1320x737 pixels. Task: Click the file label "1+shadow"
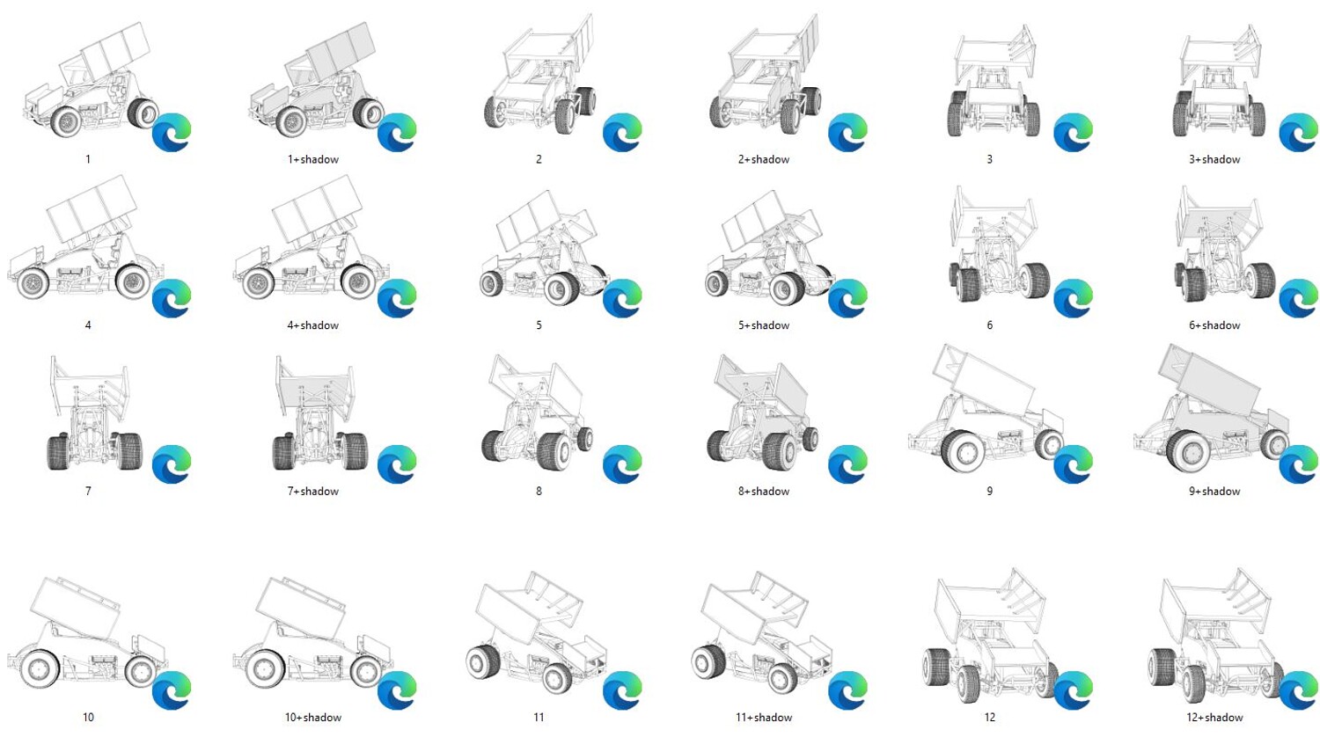313,159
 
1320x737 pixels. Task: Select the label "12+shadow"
1214,717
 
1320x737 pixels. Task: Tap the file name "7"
88,491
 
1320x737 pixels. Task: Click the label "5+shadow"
764,325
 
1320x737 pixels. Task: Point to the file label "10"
88,717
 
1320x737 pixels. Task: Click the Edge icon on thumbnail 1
172,133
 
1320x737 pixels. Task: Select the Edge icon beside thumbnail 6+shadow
1298,299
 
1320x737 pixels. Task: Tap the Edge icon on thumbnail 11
622,690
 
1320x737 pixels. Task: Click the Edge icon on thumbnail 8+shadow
847,464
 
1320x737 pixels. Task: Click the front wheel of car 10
142,670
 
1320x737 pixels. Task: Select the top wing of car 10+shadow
301,608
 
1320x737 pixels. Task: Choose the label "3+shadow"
1214,159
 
